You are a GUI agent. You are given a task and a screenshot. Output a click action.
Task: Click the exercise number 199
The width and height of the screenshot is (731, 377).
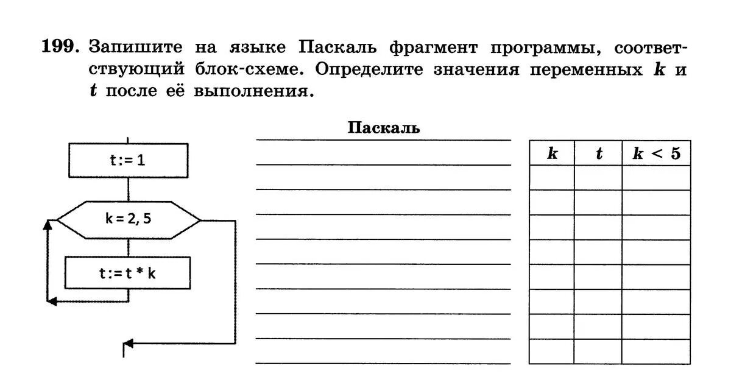coord(60,47)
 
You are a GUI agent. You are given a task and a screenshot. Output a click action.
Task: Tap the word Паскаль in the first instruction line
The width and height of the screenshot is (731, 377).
coord(328,48)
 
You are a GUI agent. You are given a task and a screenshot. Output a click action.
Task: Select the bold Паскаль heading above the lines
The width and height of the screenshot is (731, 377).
coord(384,128)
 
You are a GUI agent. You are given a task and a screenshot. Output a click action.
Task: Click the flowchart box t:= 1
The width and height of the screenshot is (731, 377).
coord(128,161)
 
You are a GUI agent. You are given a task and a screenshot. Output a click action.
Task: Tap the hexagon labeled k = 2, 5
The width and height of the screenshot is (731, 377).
coord(128,219)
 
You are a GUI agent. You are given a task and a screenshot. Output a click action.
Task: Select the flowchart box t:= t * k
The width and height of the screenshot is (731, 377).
coord(128,273)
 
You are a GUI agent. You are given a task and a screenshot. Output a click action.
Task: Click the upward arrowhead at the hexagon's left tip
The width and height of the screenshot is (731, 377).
coord(48,225)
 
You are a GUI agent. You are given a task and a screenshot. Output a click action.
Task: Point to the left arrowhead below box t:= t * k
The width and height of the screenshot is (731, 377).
coord(52,301)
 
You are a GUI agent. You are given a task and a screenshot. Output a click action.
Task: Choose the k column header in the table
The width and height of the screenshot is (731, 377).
coord(552,153)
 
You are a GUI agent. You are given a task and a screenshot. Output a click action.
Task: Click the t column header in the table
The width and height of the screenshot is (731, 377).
coord(598,153)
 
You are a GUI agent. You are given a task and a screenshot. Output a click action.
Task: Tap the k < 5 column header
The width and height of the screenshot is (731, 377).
coord(656,153)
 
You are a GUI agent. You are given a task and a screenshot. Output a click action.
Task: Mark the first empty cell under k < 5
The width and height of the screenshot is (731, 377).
coord(656,178)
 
